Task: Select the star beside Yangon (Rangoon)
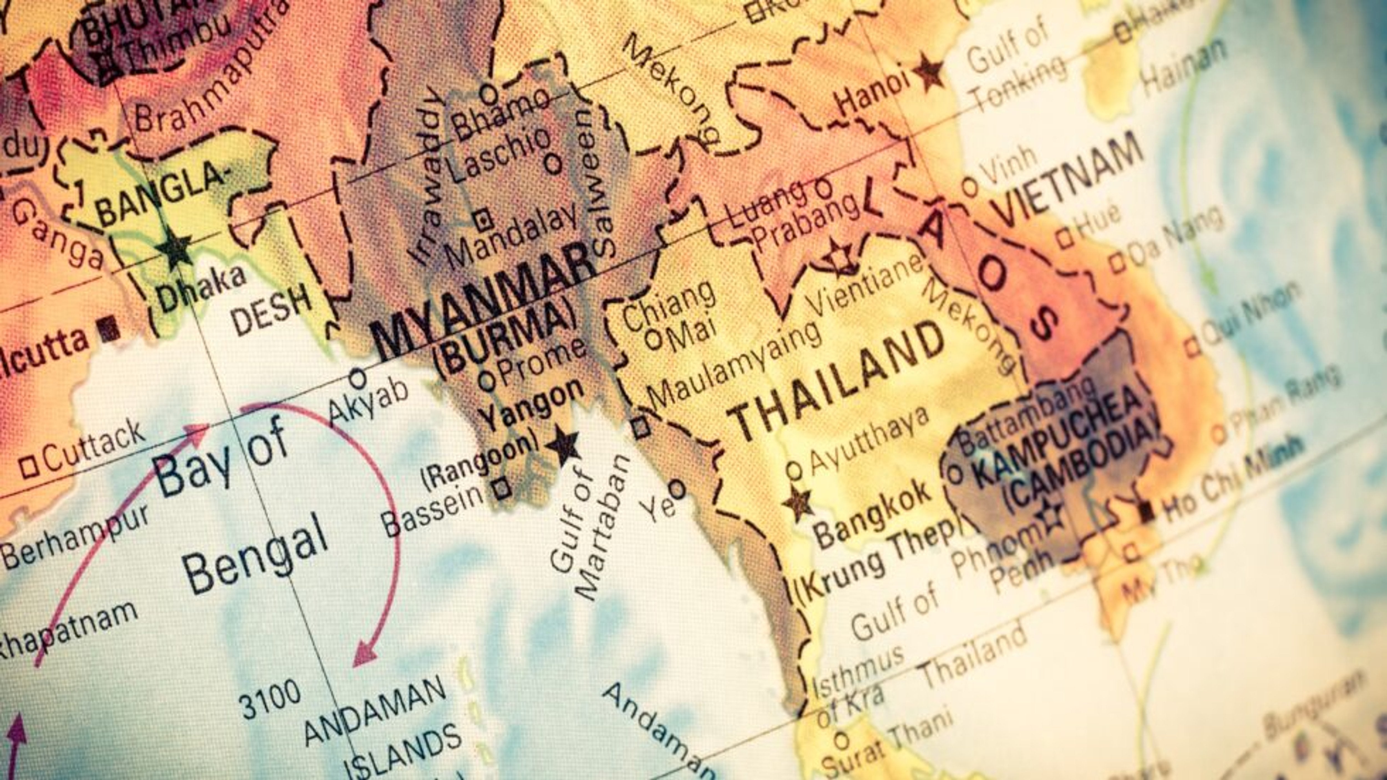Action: tap(563, 445)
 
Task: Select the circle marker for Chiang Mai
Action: tap(653, 340)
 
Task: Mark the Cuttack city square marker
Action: tap(29, 466)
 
